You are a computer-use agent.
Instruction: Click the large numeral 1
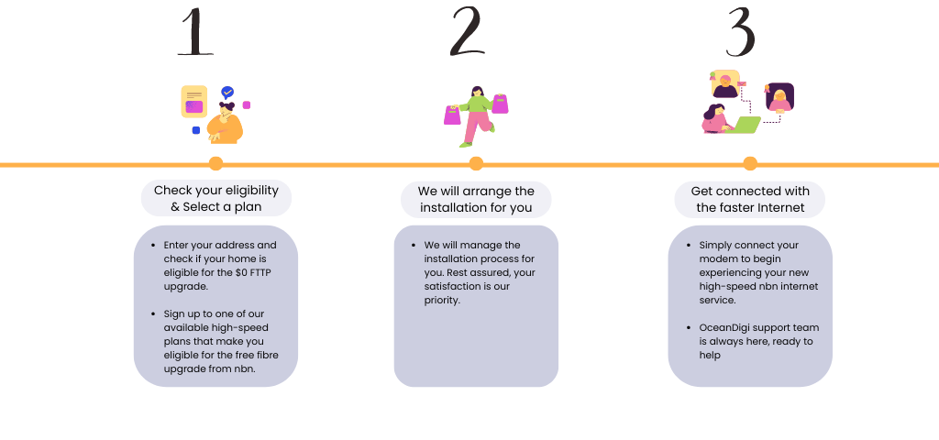[196, 32]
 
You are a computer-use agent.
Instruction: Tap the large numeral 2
[467, 32]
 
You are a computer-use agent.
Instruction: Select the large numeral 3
[740, 33]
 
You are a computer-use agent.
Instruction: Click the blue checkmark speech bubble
[227, 93]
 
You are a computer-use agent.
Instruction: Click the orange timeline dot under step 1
[215, 163]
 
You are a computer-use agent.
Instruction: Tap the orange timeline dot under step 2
[476, 163]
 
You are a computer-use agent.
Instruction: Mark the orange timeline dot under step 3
[750, 163]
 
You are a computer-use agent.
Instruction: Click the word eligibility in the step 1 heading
[249, 191]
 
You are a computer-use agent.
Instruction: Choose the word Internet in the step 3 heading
[781, 208]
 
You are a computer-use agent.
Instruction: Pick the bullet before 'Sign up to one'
[154, 313]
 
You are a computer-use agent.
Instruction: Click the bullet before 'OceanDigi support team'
[690, 327]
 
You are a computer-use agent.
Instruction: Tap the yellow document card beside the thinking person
[194, 102]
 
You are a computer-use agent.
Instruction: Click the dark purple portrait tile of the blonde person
[779, 97]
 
